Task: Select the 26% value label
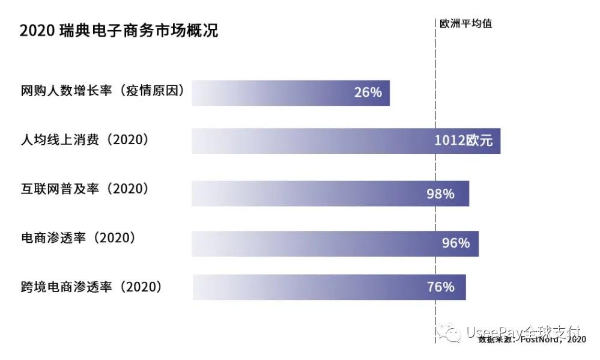coord(368,93)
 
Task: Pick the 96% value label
coord(456,243)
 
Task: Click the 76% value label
coord(441,287)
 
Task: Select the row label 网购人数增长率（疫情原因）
coord(102,91)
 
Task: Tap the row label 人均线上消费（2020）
coord(84,140)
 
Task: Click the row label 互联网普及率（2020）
coord(84,189)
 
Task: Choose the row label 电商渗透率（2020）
coord(78,238)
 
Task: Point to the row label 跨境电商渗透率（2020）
coord(91,287)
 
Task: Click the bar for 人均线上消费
coord(300,141)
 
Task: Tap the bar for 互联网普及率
coord(300,194)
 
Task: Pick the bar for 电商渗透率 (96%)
coord(300,243)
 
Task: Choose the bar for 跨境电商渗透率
coord(300,287)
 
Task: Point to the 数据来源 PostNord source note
coord(532,341)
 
